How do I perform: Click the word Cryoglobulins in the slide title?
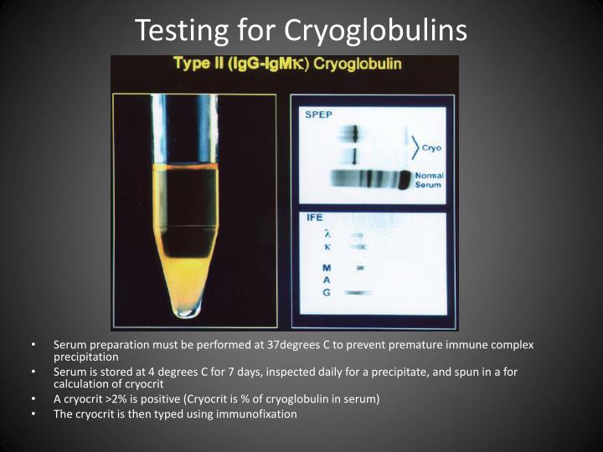pyautogui.click(x=375, y=31)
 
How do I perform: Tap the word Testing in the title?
pyautogui.click(x=182, y=31)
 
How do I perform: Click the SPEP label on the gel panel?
pyautogui.click(x=318, y=115)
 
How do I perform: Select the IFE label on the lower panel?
pyautogui.click(x=315, y=218)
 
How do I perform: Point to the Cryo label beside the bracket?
pyautogui.click(x=431, y=148)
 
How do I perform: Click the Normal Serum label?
pyautogui.click(x=429, y=180)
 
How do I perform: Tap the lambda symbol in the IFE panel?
pyautogui.click(x=327, y=234)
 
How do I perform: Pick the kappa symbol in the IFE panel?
pyautogui.click(x=327, y=247)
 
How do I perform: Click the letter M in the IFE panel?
pyautogui.click(x=327, y=268)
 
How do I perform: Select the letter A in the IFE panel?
pyautogui.click(x=327, y=280)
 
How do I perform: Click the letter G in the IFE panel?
pyautogui.click(x=327, y=293)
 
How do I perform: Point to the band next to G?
pyautogui.click(x=358, y=293)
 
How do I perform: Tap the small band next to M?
pyautogui.click(x=360, y=268)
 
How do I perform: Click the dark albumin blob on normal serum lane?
pyautogui.click(x=405, y=180)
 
